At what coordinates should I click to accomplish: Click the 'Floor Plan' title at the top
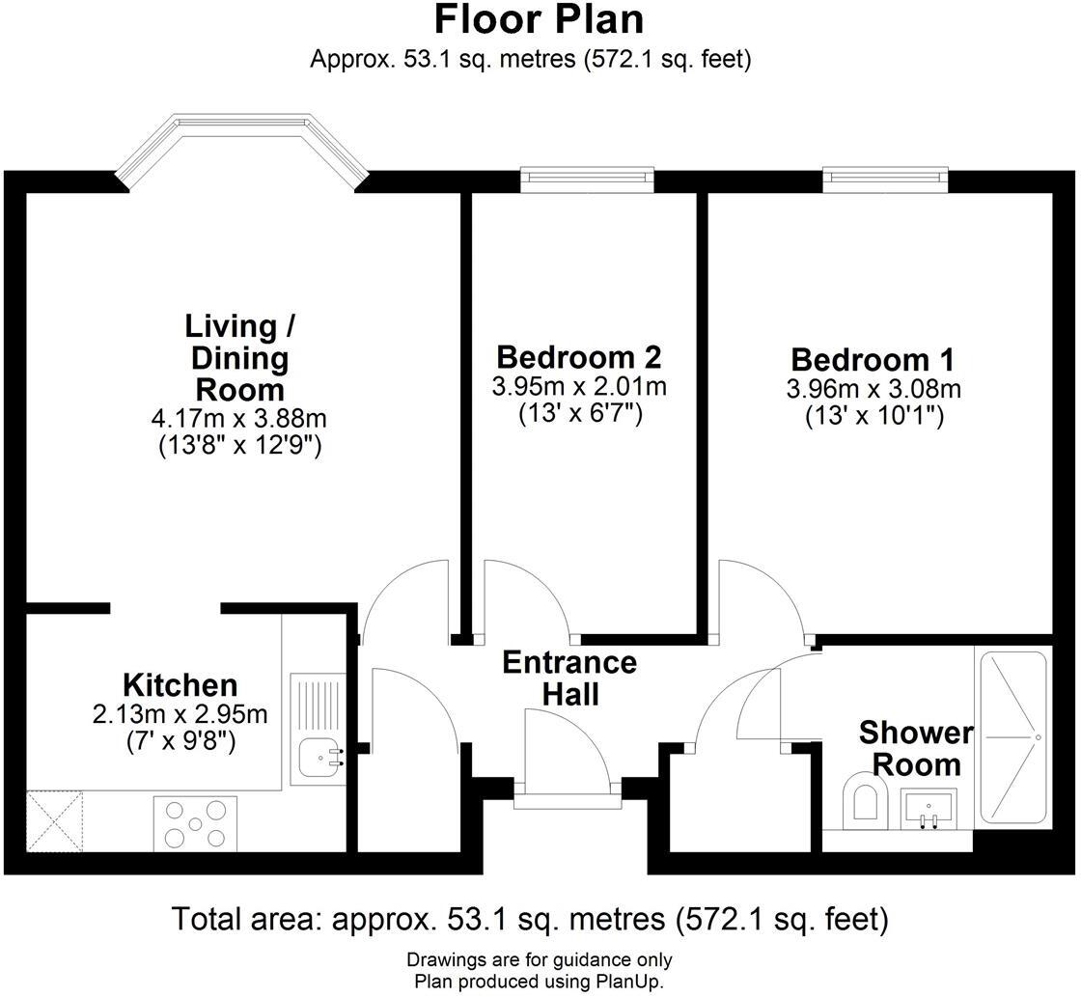click(x=539, y=20)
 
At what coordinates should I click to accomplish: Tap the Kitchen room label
click(x=180, y=685)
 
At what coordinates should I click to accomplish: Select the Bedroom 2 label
click(x=578, y=357)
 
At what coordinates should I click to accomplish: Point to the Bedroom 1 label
click(x=873, y=360)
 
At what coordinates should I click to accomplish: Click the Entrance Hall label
click(x=569, y=679)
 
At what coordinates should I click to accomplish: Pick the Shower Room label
click(x=916, y=749)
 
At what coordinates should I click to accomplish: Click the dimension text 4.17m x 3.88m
click(x=239, y=420)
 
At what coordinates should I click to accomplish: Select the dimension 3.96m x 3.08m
click(x=873, y=389)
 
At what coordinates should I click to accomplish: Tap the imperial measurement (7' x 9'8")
click(x=181, y=742)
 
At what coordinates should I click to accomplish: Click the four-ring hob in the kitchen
click(x=195, y=822)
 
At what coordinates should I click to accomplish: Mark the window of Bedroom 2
click(x=587, y=179)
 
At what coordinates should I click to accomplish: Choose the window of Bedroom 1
click(x=884, y=179)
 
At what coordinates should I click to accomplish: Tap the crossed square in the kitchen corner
click(x=54, y=820)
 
